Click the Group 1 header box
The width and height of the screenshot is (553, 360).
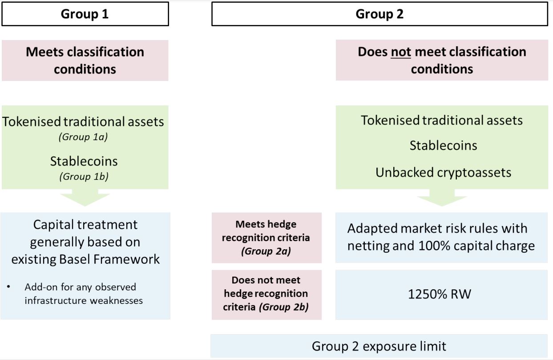tap(85, 14)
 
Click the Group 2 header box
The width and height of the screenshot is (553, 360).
tap(379, 14)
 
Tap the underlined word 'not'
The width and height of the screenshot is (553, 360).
tap(401, 52)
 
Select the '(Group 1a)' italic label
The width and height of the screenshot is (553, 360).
tap(83, 137)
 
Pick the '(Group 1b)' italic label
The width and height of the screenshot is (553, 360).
tap(84, 177)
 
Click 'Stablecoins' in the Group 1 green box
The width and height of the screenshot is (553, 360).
tap(84, 161)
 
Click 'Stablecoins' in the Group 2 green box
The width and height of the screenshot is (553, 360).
tap(444, 146)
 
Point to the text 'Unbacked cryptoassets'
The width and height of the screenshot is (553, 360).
tap(444, 172)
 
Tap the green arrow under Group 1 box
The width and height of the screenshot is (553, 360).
tap(85, 198)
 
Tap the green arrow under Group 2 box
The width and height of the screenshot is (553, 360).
tap(442, 198)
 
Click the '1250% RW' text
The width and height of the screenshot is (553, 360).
tap(440, 294)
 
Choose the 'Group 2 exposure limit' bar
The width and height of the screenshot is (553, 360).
tap(379, 346)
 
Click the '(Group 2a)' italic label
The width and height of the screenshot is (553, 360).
tap(266, 251)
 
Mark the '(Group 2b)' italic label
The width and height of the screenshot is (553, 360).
tap(284, 307)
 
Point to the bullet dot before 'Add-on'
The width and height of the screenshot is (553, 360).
tap(8, 287)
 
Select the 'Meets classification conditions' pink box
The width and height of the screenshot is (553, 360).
tap(85, 61)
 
